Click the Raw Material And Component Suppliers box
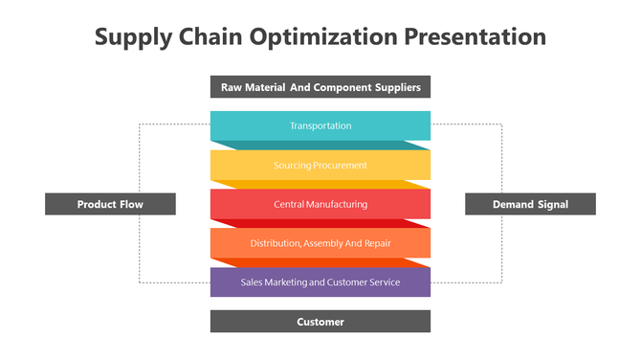coord(320,87)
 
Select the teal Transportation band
coord(320,125)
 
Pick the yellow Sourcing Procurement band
coord(320,165)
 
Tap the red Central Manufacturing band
coord(320,204)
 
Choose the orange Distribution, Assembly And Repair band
coord(320,243)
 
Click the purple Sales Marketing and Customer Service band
coord(320,282)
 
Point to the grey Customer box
coord(320,322)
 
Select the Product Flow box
coord(110,204)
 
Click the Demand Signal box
coord(530,204)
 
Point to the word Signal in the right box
coord(552,204)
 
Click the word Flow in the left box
coord(132,204)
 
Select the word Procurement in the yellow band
coord(334,165)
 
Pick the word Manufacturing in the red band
coord(337,204)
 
